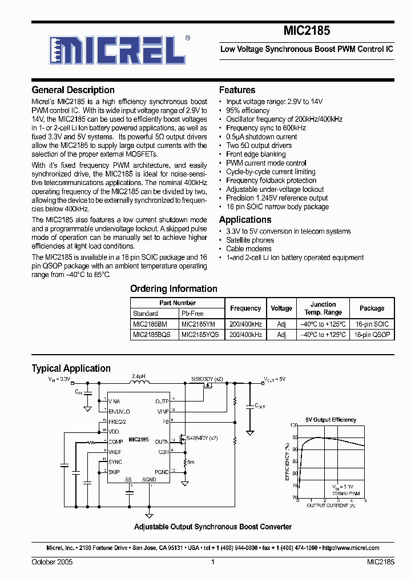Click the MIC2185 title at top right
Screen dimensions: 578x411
(x=307, y=31)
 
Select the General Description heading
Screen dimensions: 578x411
(x=73, y=90)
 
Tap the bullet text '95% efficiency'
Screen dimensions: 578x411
(x=248, y=110)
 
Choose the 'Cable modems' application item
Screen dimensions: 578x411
(x=249, y=249)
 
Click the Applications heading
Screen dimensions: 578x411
(x=245, y=220)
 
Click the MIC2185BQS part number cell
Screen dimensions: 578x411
(x=151, y=334)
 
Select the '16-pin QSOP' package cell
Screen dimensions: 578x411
(x=372, y=334)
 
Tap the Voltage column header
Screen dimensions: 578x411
(x=281, y=308)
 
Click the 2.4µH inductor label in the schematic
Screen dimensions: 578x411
(x=139, y=377)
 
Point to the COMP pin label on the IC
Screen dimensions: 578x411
(x=115, y=442)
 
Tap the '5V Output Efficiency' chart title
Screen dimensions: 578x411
(x=331, y=420)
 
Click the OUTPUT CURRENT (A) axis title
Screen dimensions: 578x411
(x=331, y=505)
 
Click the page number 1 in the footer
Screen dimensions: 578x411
(x=212, y=563)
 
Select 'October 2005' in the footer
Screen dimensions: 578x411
(x=52, y=563)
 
